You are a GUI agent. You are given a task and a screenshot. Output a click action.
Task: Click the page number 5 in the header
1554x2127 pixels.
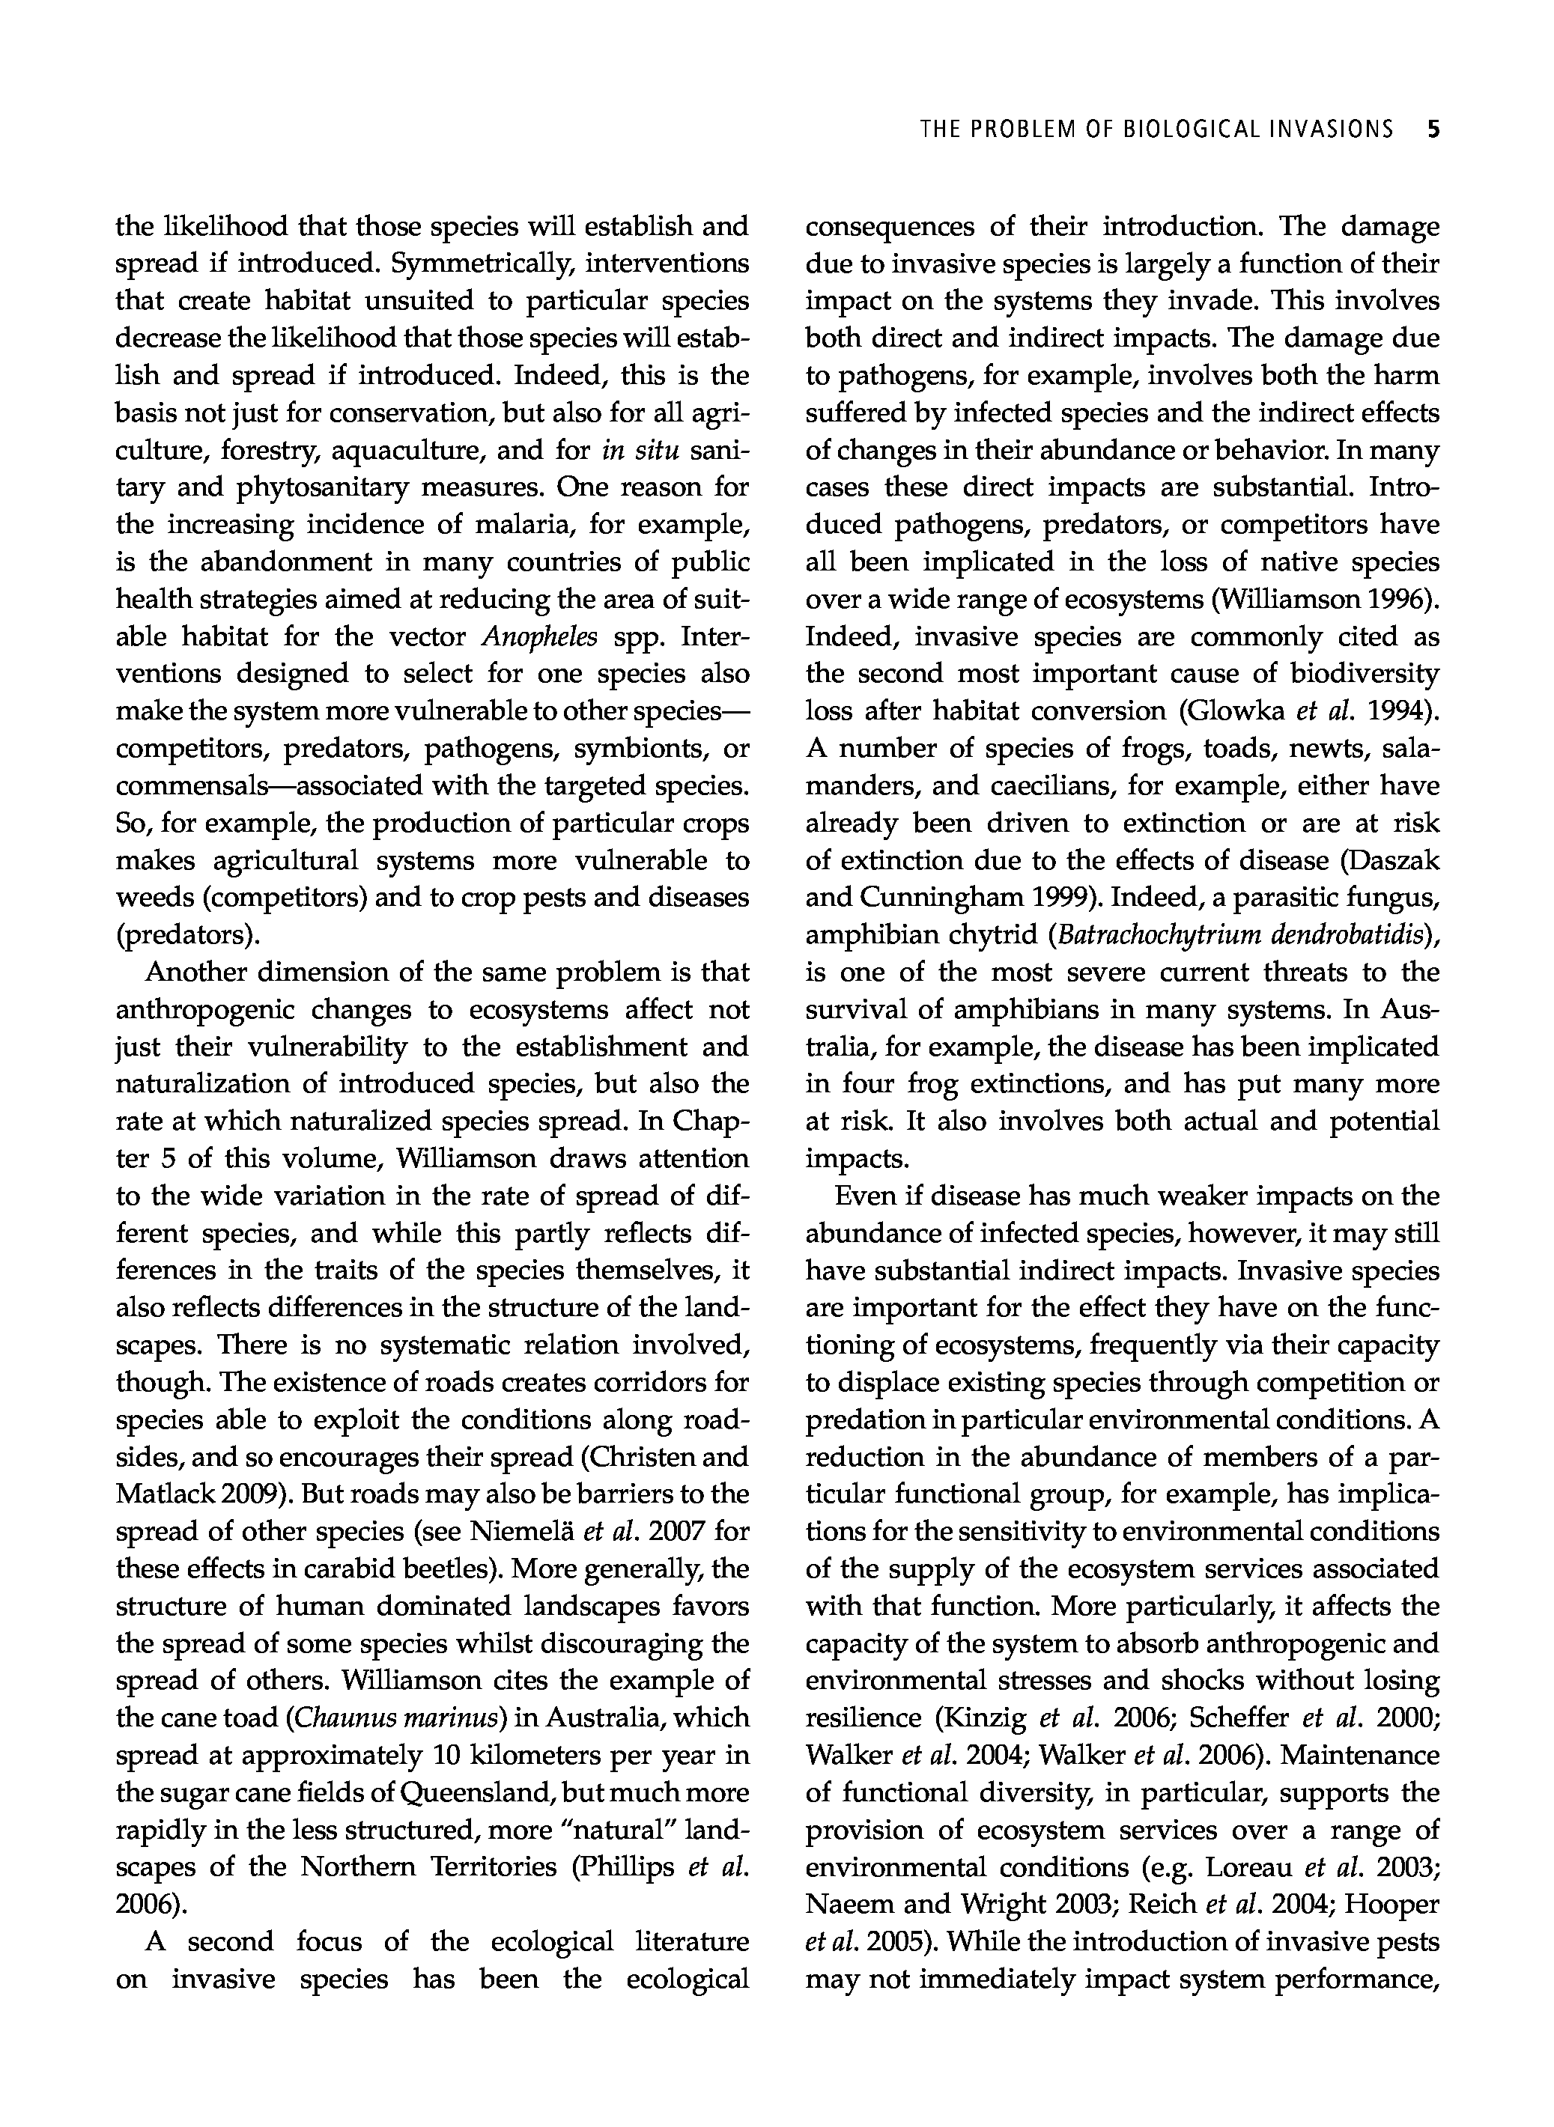tap(1433, 130)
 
